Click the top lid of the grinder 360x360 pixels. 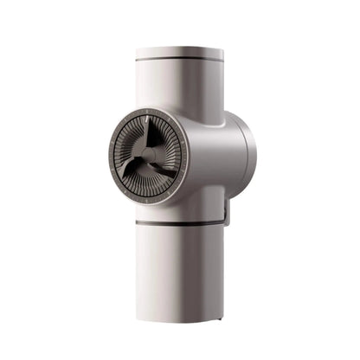[179, 52]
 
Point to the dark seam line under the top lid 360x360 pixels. [179, 60]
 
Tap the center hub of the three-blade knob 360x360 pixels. [149, 156]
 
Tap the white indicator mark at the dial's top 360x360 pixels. [150, 111]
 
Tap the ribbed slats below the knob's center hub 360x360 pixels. [148, 183]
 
